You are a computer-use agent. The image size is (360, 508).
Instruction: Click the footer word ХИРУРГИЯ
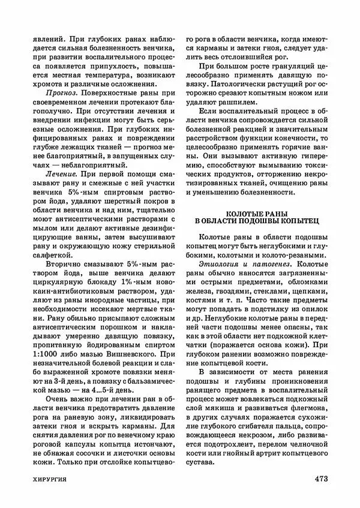(49, 479)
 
